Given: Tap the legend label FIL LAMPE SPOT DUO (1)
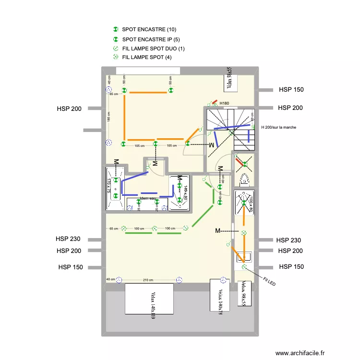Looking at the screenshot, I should tap(154, 48).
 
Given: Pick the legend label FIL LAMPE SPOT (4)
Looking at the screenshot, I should tap(147, 58).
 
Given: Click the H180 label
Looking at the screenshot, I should tap(224, 103).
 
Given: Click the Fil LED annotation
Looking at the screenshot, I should tap(269, 281).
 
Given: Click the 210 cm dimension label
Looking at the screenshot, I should tap(148, 280).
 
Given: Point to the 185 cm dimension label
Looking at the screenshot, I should tap(109, 117).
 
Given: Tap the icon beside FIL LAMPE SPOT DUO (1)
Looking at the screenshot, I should tap(115, 48).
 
